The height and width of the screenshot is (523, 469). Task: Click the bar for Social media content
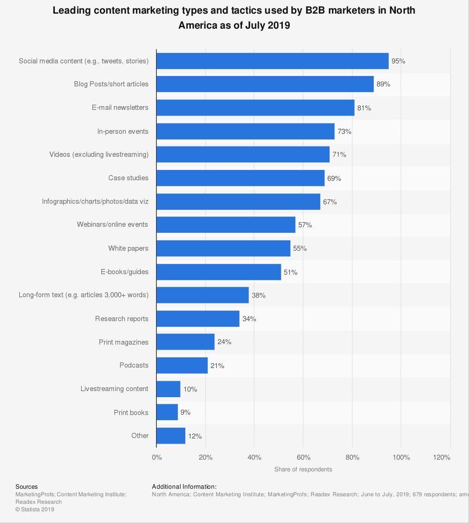pos(272,61)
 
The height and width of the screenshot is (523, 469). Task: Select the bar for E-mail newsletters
pos(255,108)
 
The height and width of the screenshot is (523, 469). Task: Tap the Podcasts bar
pos(182,365)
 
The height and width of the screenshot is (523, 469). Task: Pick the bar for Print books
pos(167,412)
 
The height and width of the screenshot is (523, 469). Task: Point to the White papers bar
pos(223,248)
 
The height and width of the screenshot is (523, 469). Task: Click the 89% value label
pos(383,85)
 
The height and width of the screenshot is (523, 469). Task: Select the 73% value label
pos(344,131)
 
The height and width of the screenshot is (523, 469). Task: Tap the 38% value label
pos(258,295)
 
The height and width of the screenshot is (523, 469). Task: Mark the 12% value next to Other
pos(195,436)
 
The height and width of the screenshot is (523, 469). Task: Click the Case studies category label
pos(128,178)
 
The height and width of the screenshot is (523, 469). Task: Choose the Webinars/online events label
pos(113,224)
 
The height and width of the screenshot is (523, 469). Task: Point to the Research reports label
pos(121,319)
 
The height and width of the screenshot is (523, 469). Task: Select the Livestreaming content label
pos(114,389)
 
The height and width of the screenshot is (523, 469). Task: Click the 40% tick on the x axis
pos(254,457)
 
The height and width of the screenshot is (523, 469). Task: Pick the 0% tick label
pos(157,457)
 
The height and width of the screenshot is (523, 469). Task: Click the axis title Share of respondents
pos(303,469)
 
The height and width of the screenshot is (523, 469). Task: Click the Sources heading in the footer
pos(27,487)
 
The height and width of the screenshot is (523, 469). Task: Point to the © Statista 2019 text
pos(35,509)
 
